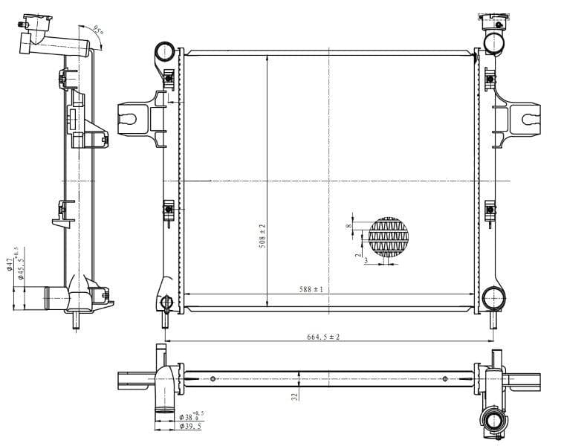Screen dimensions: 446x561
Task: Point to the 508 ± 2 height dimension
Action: point(262,236)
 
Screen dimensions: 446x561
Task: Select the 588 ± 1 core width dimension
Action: point(311,289)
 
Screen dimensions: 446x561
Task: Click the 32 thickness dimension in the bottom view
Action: point(294,396)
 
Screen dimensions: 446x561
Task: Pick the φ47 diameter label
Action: point(10,264)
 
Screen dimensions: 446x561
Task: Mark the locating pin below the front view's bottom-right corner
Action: point(492,319)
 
